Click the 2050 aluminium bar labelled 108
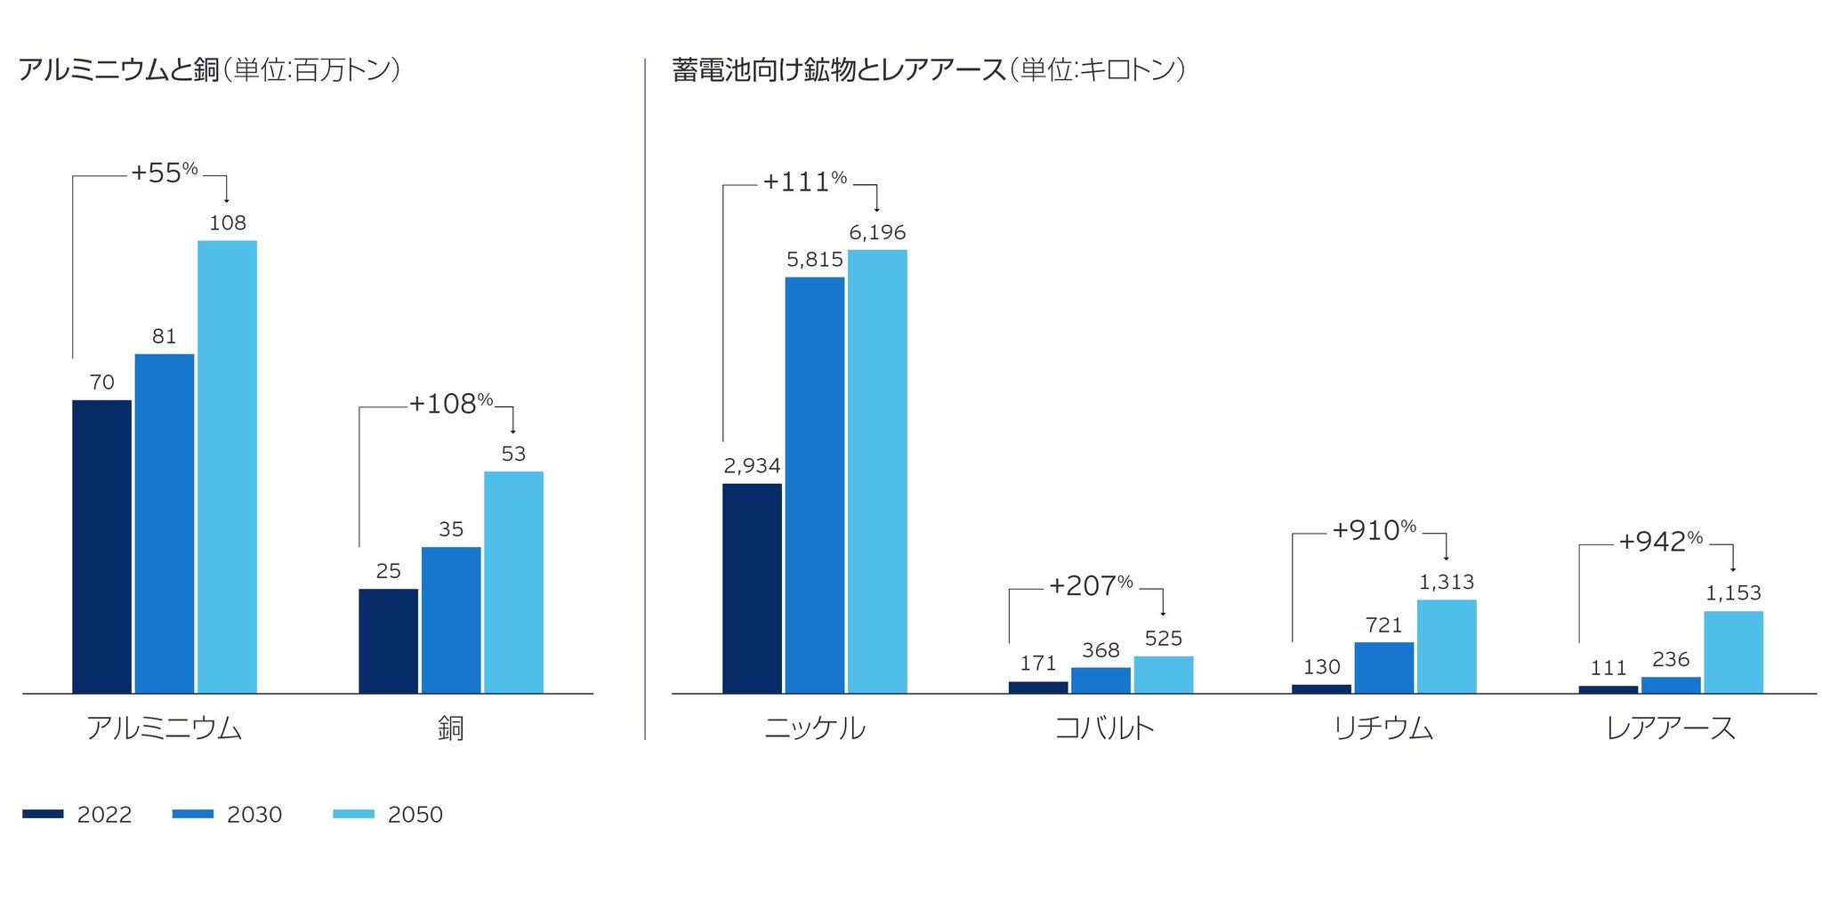227,466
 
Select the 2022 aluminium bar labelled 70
101,546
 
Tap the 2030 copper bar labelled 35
451,619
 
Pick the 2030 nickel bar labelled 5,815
814,485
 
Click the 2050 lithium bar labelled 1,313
1446,646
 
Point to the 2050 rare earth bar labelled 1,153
1733,651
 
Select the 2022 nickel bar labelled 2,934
752,588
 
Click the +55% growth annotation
165,173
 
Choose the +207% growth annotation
1091,585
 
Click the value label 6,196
877,232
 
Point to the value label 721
1383,625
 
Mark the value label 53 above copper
513,454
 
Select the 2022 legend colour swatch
43,814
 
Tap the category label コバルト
1104,728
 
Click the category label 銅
451,728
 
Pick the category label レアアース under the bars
1671,728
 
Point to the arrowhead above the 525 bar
1163,613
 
